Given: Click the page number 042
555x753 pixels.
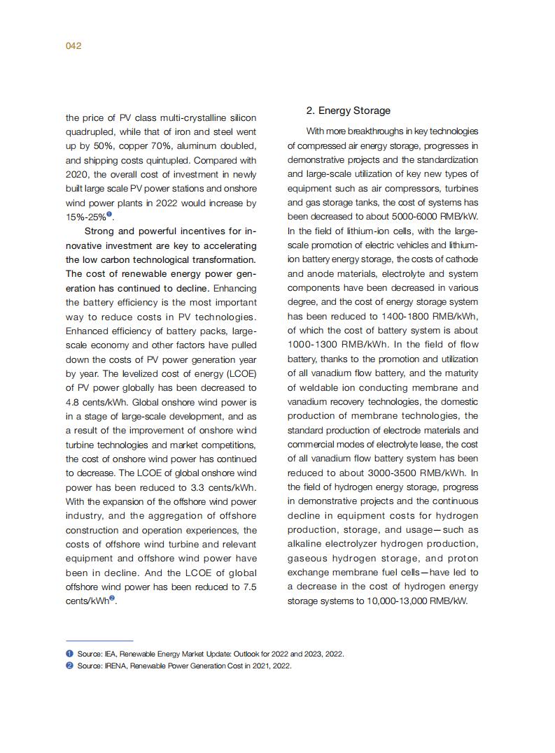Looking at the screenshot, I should point(73,46).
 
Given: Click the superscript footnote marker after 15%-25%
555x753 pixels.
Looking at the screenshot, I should point(109,215).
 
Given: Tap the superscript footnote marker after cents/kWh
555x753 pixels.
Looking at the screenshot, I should point(112,598).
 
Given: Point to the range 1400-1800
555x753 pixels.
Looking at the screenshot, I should point(381,316).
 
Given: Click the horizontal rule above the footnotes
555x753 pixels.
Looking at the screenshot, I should point(99,640).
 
